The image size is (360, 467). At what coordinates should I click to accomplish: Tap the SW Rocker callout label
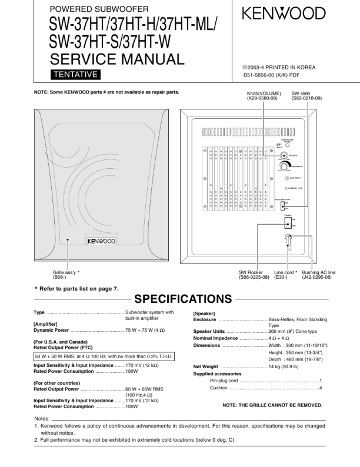tap(254, 274)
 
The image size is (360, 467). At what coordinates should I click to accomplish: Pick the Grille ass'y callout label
tap(66, 274)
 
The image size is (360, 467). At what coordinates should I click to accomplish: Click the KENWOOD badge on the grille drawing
tap(101, 241)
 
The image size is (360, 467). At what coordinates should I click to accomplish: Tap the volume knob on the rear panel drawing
tap(284, 156)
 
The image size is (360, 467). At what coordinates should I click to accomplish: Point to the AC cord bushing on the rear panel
tap(288, 239)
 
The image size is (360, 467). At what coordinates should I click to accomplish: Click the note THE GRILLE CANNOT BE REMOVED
tap(272, 405)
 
